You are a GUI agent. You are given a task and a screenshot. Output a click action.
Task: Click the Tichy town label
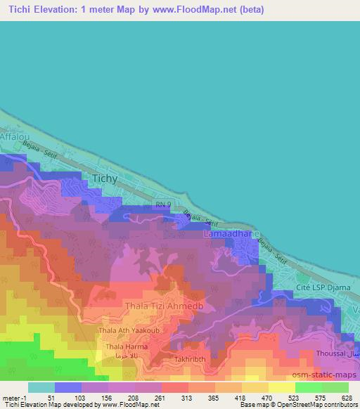coord(105,180)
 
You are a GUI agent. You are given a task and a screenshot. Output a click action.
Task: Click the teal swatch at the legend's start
coord(41,387)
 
